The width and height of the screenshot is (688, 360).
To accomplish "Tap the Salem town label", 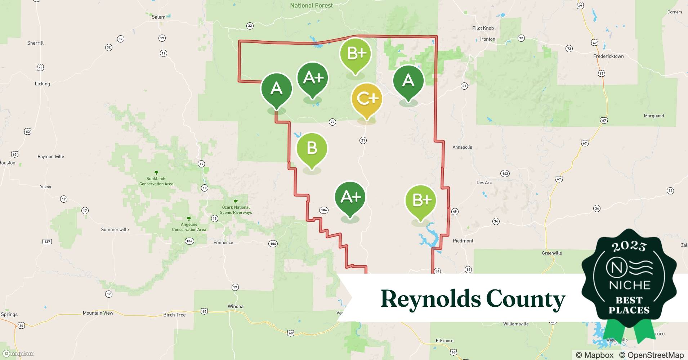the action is [158, 17].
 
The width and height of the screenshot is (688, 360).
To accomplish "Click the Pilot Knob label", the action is [483, 28].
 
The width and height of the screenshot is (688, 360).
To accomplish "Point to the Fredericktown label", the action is [608, 56].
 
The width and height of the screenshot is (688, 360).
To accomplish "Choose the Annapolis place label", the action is [462, 147].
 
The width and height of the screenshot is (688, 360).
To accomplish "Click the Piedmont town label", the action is [463, 240].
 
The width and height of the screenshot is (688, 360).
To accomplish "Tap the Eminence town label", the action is [223, 243].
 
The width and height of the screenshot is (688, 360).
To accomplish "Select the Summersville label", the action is [115, 229].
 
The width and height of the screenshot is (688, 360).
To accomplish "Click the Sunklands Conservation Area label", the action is [156, 181].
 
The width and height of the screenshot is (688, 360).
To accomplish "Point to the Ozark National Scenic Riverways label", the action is [236, 210].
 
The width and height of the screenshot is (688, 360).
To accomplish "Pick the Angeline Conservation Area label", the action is [189, 227].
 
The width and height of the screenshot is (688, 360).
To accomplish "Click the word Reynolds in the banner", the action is [430, 299].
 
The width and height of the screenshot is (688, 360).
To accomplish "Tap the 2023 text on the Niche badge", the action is [629, 246].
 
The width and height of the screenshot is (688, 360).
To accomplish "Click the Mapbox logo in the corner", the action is [18, 354].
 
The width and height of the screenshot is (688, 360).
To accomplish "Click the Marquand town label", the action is [654, 116].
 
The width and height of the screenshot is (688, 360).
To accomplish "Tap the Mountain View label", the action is [98, 313].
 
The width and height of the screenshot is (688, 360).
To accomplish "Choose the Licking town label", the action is [42, 84].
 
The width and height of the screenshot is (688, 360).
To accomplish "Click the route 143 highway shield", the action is [505, 174].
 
